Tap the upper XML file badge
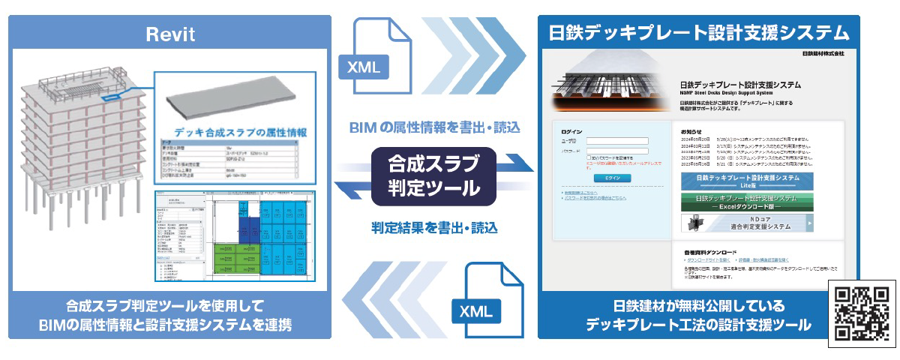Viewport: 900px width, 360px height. [x=364, y=66]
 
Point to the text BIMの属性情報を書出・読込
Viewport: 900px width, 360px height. [x=434, y=127]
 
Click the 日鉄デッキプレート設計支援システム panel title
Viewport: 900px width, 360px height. [x=699, y=33]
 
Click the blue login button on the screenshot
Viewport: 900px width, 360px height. [x=613, y=178]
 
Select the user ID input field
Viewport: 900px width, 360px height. [x=617, y=140]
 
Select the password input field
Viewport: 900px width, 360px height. [x=617, y=151]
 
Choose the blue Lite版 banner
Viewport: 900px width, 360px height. [x=747, y=181]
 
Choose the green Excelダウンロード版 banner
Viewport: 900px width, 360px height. [x=747, y=201]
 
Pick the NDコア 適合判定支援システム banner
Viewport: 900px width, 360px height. [x=747, y=223]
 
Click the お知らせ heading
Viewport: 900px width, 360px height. [x=691, y=130]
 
